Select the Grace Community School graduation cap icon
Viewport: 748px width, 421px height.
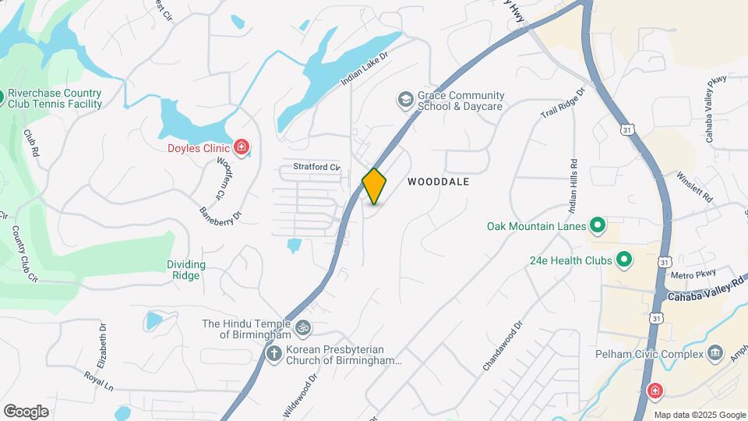pos(405,99)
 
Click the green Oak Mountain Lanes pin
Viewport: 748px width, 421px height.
pos(598,226)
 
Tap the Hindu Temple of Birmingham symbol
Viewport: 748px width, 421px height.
pos(303,327)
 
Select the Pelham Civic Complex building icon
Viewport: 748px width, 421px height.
pos(714,356)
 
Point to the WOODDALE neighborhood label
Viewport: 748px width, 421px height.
pos(439,181)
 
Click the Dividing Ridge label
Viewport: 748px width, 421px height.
pos(186,270)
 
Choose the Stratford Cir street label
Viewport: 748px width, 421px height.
pos(317,167)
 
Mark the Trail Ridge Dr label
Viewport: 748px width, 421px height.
pos(563,103)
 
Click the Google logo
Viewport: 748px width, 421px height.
pos(26,411)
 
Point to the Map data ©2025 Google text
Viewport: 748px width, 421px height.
pos(700,415)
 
